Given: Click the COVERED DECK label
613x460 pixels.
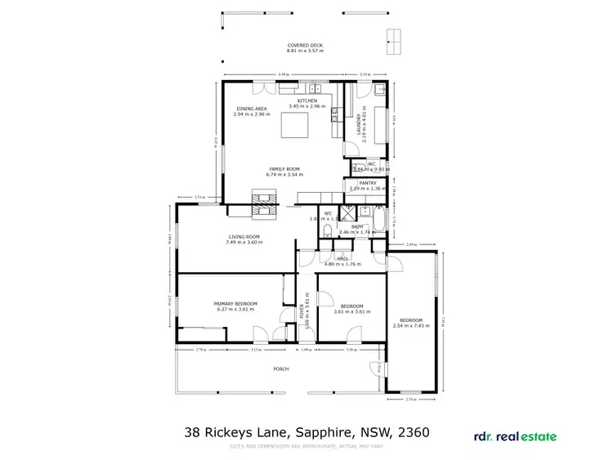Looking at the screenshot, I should click(x=305, y=45).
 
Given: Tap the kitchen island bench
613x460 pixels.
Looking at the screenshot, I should click(x=298, y=127).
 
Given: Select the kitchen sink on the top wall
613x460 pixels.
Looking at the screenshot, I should click(x=311, y=87).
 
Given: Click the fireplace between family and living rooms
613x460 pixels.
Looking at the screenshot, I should click(x=264, y=203).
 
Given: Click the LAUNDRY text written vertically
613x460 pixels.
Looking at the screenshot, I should click(x=359, y=127).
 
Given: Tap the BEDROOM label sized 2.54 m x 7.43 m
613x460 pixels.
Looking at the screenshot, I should click(x=411, y=319).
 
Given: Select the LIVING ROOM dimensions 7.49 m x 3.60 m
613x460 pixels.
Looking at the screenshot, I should click(x=244, y=243).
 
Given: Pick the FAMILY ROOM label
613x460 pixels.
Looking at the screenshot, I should click(x=284, y=168).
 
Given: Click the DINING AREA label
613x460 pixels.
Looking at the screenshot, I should click(x=251, y=109).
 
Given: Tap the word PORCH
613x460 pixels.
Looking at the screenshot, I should click(x=281, y=369).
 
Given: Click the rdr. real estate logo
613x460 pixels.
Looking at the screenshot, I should click(x=516, y=436).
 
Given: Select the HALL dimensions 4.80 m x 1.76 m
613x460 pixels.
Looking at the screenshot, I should click(x=342, y=264).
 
